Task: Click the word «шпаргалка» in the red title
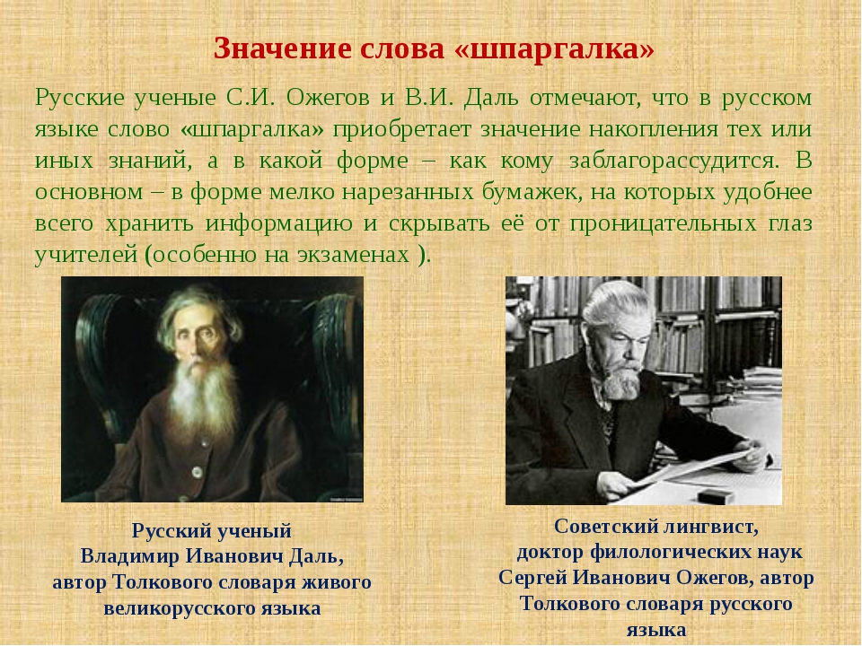coord(554,48)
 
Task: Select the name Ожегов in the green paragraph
coord(328,99)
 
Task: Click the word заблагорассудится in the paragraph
coord(674,161)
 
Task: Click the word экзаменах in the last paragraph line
coord(354,255)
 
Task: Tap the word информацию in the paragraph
coord(278,224)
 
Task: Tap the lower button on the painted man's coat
coord(197,471)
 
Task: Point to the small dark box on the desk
coord(716,495)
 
